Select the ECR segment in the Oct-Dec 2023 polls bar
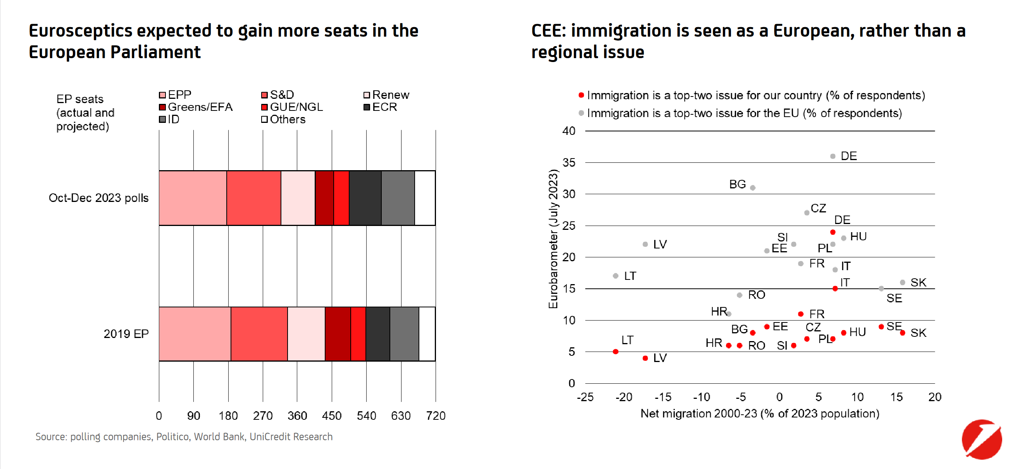coord(365,198)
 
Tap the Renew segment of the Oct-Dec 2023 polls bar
coord(298,198)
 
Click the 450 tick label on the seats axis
coord(331,416)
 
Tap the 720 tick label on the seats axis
coord(436,416)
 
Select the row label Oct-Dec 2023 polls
coord(98,198)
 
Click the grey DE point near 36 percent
coord(833,156)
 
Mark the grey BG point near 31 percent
coord(753,188)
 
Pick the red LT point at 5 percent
coord(615,352)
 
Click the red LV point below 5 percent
coord(645,358)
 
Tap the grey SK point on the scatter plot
coord(903,283)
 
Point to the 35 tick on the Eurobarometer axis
coord(569,162)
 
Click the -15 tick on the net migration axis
coord(662,397)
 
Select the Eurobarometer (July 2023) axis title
coord(553,238)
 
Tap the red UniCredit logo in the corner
coord(982,439)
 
